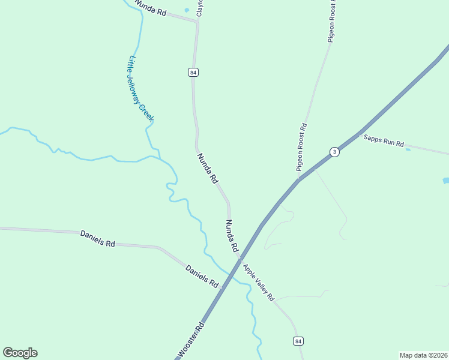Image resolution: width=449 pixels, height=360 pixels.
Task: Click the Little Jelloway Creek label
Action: pos(139,88)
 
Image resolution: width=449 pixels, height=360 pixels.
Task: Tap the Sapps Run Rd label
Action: pos(384,141)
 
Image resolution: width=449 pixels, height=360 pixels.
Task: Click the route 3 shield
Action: pos(335,152)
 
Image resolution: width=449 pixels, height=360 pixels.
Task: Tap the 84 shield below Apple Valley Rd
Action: pos(298,341)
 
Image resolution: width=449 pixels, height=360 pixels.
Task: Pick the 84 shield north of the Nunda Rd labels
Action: pos(193,72)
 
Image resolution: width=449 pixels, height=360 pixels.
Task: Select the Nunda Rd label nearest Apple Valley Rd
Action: pos(232,235)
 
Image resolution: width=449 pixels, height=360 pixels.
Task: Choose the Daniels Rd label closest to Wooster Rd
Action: pos(202,276)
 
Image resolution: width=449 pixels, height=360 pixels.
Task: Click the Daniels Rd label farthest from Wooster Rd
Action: pos(97,238)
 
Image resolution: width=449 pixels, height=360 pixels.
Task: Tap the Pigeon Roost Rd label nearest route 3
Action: pos(302,147)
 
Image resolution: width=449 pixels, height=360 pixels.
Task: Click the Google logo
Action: pos(20,353)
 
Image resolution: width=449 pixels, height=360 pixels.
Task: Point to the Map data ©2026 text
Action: pos(423,355)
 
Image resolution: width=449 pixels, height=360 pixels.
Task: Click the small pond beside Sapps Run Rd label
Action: pos(408,149)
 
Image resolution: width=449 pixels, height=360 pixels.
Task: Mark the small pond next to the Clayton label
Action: pos(187,10)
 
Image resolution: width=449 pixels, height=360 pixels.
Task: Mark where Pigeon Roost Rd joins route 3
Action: pos(298,178)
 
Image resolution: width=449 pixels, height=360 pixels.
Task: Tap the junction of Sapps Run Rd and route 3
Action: pos(360,132)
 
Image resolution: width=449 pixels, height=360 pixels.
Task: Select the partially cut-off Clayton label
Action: pos(200,8)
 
